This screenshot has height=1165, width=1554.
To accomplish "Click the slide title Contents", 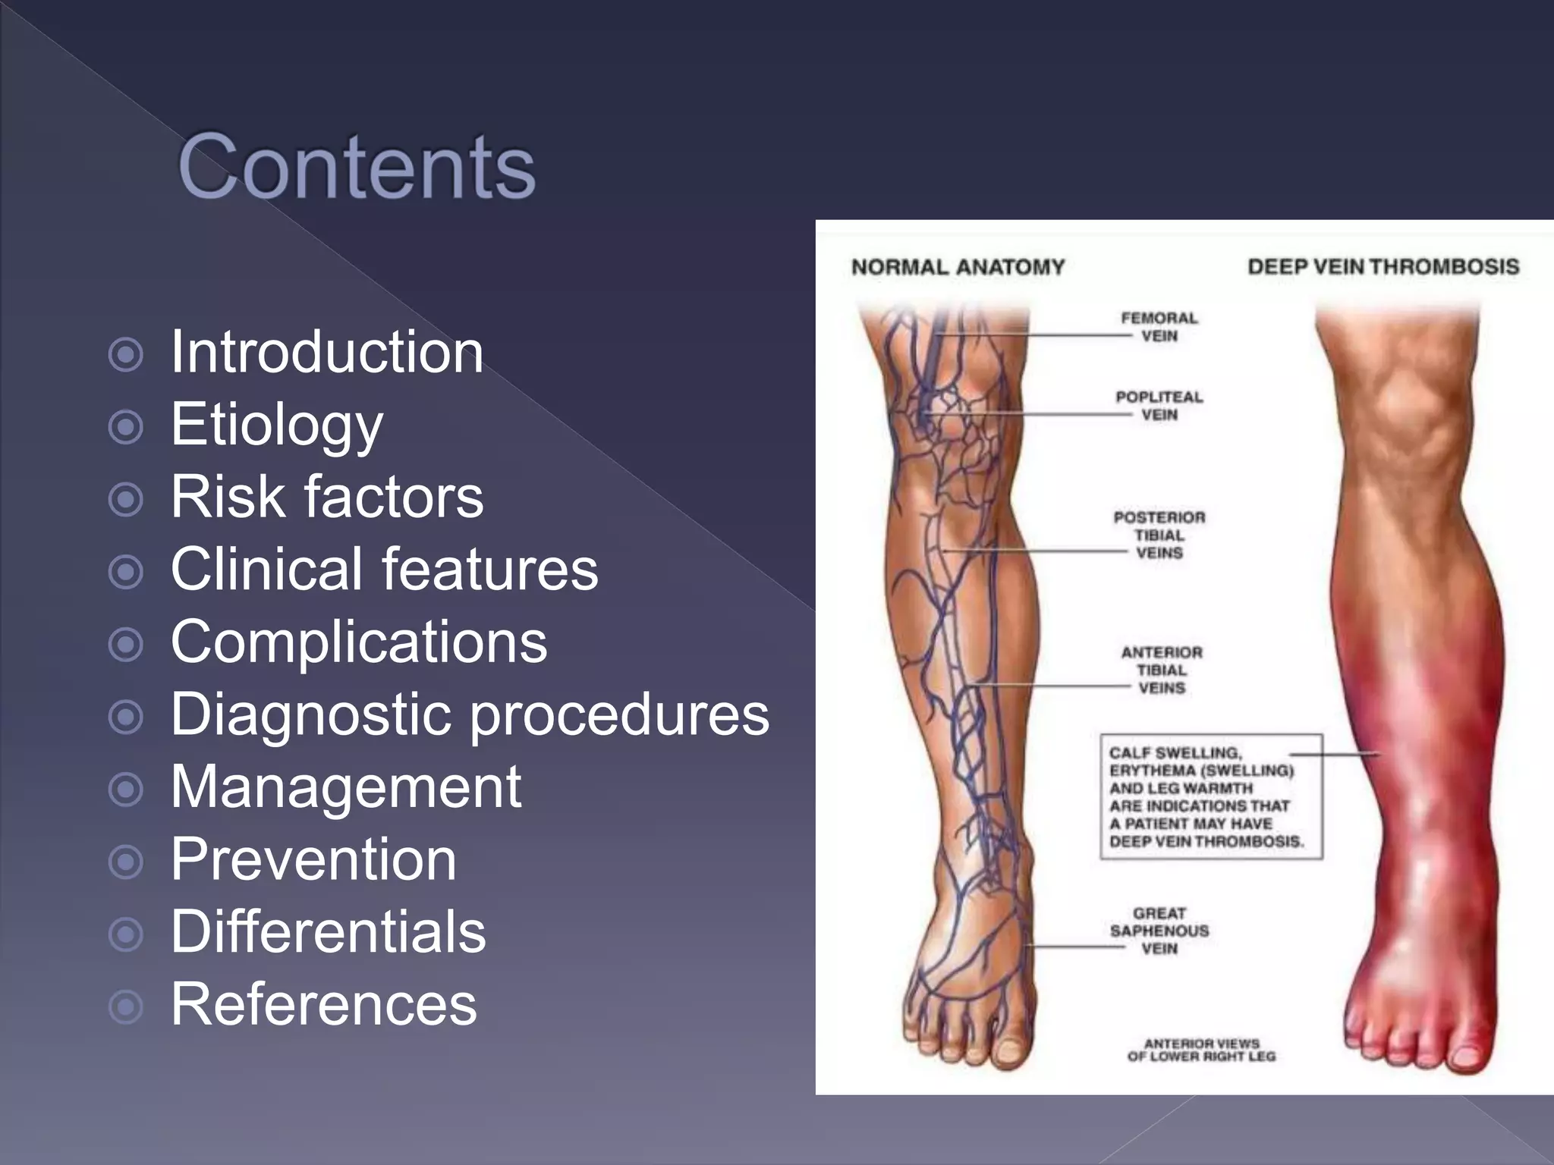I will (357, 167).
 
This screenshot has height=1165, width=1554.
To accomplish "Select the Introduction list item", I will (327, 353).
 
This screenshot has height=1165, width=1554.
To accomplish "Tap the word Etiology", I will (277, 425).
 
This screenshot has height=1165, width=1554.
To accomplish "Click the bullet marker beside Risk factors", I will (126, 500).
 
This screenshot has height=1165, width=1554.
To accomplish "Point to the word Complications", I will (359, 642).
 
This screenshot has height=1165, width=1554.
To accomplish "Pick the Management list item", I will (346, 787).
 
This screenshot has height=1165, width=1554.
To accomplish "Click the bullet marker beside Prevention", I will (126, 862).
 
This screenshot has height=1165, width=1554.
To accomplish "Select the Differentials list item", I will (328, 932).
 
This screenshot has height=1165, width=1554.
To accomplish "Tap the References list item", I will (324, 1004).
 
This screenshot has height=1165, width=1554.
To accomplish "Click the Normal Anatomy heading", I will (958, 267).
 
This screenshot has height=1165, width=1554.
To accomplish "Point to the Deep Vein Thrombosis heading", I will (1383, 267).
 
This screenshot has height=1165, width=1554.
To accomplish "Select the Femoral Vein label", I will (1159, 327).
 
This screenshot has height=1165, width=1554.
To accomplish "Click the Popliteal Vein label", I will (1159, 406).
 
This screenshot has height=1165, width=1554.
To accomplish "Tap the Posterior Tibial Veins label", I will (1159, 535).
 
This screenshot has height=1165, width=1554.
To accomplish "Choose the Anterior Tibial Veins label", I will (1162, 670).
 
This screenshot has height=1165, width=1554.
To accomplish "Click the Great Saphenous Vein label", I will (1159, 931).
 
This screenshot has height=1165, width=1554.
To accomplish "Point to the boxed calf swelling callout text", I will (1206, 796).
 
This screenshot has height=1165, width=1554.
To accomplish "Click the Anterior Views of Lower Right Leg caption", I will (1201, 1050).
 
